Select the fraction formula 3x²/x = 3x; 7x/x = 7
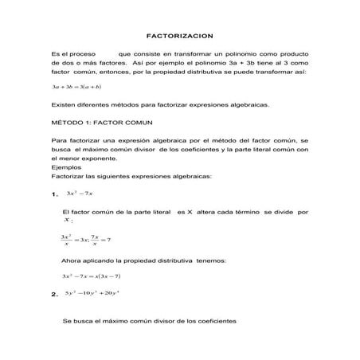click(x=85, y=240)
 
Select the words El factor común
click(x=89, y=213)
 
